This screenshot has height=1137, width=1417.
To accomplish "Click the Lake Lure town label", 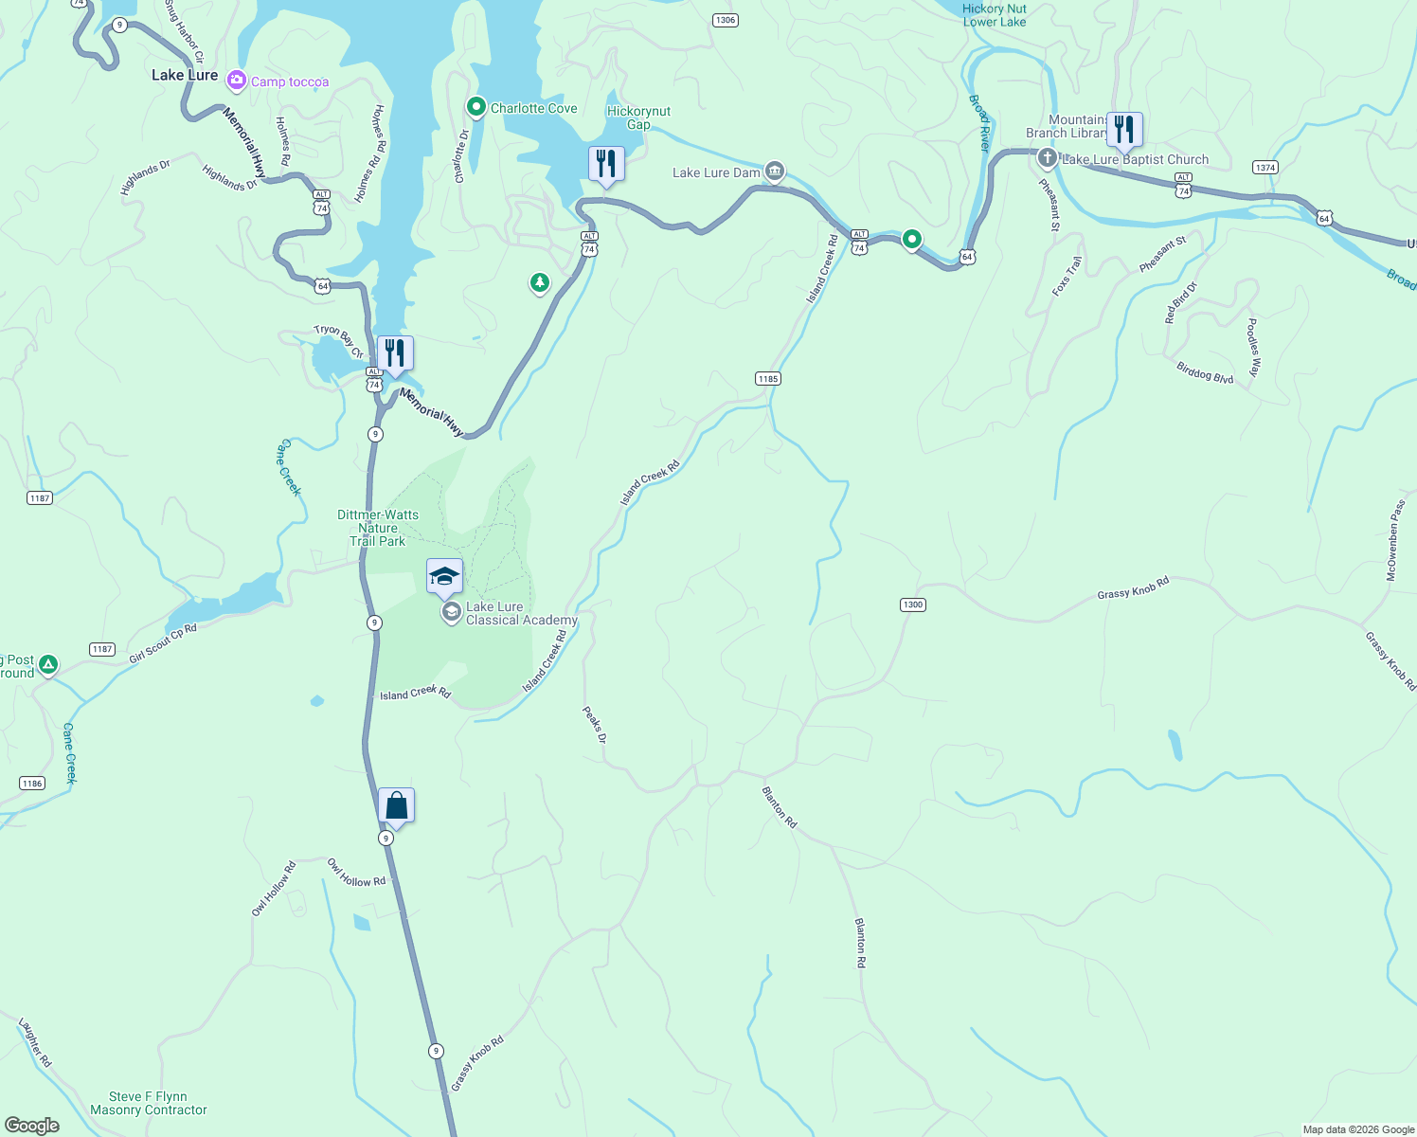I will point(185,75).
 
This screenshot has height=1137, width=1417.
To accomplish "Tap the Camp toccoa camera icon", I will point(236,81).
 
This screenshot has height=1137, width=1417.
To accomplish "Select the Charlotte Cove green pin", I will point(476,107).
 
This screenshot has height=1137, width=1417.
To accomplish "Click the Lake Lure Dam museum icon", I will point(775,171).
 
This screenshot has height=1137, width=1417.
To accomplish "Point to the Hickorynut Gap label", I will point(638,117).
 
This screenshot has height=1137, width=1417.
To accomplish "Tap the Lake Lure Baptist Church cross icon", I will point(1047,158).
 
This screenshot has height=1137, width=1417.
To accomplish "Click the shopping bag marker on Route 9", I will point(396,805).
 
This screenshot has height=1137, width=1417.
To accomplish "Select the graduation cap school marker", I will point(444,576).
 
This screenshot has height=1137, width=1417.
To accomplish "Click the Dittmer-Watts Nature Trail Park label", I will point(378,528).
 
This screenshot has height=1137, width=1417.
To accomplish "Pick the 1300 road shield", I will point(912,605).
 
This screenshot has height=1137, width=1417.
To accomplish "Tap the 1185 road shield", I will point(768,379).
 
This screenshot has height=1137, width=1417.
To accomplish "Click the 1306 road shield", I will point(725,20).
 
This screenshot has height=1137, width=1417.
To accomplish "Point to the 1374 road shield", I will point(1265,168).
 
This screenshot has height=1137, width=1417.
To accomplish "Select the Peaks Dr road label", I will point(594,725).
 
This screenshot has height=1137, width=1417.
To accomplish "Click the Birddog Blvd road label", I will point(1205,372).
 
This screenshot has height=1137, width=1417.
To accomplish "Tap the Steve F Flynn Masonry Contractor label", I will point(149,1103).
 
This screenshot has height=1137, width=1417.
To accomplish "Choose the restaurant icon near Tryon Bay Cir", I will point(395,352).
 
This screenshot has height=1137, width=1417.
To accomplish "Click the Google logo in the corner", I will point(32,1125).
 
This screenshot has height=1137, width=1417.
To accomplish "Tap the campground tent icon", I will point(47,666).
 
